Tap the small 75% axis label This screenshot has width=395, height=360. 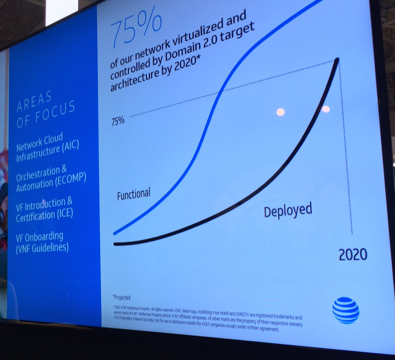(x=118, y=121)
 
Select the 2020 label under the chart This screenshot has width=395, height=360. (x=353, y=254)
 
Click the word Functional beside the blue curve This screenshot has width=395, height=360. (x=134, y=194)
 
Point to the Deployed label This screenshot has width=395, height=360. (x=288, y=210)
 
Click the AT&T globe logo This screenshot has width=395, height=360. (x=345, y=310)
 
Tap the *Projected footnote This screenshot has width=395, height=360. (x=122, y=298)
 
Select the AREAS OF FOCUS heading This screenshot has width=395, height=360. (x=45, y=109)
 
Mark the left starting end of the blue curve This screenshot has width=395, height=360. (x=115, y=233)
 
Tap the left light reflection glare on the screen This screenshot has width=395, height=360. (x=280, y=112)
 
